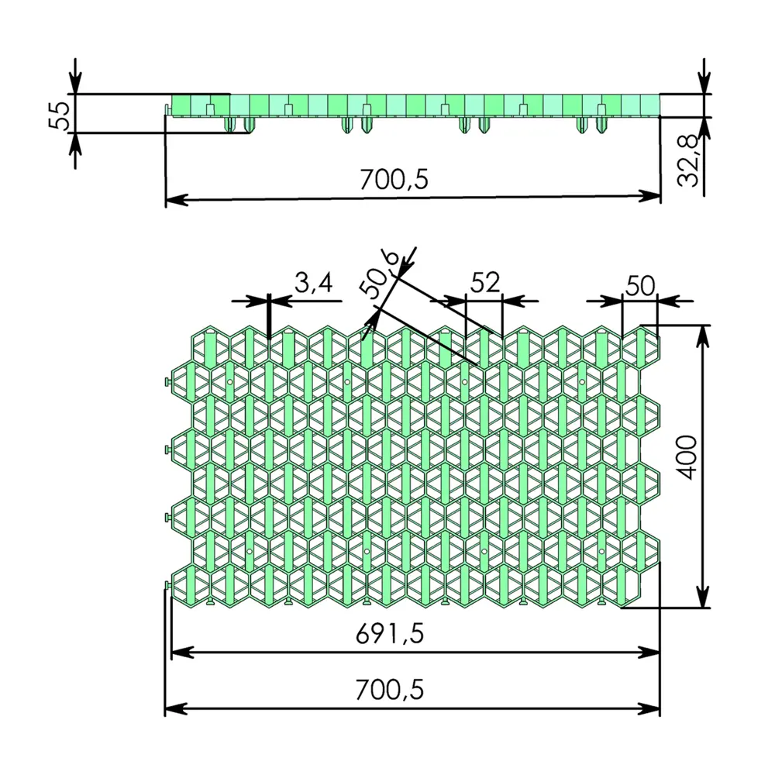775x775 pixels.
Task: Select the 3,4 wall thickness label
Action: (313, 284)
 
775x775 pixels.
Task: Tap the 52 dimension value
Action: (485, 282)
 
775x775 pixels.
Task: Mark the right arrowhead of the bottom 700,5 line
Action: (649, 708)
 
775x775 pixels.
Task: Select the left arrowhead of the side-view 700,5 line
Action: (177, 198)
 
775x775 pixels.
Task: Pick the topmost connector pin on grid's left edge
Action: (168, 383)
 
